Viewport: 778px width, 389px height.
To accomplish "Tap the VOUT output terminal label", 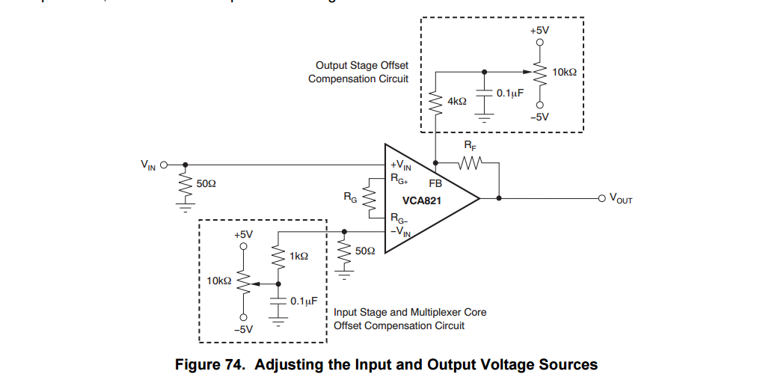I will [x=621, y=199].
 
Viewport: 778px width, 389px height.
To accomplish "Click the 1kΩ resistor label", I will [x=298, y=256].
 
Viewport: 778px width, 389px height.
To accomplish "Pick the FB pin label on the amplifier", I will [x=435, y=183].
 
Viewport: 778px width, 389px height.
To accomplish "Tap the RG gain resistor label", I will [x=349, y=198].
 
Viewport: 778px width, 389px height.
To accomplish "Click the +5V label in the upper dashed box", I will [x=539, y=30].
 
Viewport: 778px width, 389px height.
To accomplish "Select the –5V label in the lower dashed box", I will [x=243, y=328].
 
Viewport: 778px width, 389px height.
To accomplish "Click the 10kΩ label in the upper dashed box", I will [x=564, y=72].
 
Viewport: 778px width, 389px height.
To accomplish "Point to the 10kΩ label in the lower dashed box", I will [x=219, y=281].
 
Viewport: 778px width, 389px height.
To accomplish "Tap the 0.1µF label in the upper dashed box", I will [x=509, y=94].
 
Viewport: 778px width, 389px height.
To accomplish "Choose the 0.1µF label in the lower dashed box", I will [x=304, y=301].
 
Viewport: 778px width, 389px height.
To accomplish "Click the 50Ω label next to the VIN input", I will [x=206, y=183].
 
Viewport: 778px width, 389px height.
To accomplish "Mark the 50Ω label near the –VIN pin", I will [x=365, y=251].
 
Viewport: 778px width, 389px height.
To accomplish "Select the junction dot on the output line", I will [x=499, y=198].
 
